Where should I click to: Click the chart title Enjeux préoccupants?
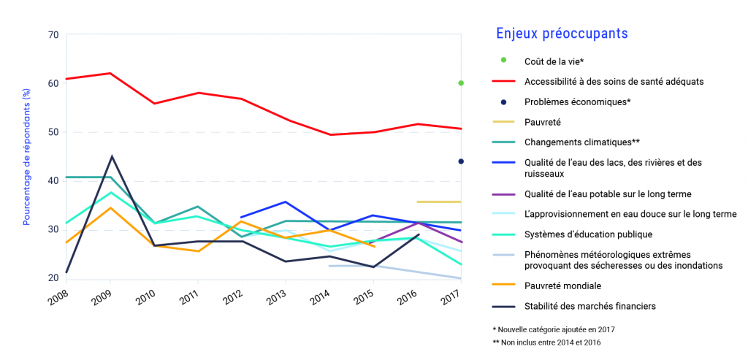click(562, 34)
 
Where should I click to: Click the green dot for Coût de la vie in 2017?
click(461, 83)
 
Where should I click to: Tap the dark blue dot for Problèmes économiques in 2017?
click(461, 161)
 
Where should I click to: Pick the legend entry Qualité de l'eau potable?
click(608, 194)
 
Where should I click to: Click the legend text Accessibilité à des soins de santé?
click(614, 82)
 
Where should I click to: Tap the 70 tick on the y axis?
click(53, 34)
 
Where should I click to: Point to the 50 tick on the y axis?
click(53, 132)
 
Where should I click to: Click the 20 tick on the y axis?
click(53, 278)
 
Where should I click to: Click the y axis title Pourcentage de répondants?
click(26, 156)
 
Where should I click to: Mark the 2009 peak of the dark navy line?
click(111, 156)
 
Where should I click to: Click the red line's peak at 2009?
click(110, 73)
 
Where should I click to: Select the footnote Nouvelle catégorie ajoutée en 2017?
click(554, 329)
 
